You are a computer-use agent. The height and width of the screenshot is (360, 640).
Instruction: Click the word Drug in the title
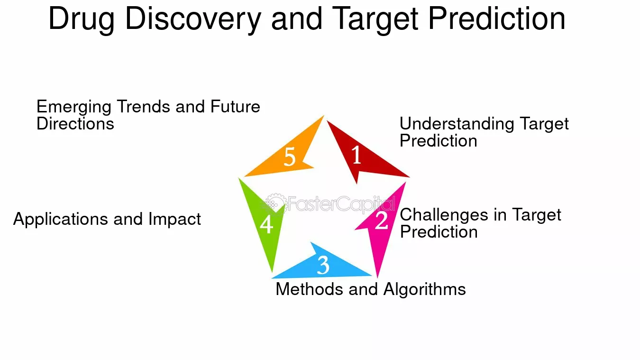[82, 19]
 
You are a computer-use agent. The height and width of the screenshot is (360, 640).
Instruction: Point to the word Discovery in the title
[193, 19]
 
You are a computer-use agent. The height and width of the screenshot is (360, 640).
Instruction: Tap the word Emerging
[73, 107]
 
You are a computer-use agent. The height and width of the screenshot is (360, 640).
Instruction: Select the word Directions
[75, 124]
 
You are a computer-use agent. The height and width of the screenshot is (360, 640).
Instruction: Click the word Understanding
[457, 124]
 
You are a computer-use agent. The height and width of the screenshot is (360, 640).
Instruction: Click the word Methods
[309, 289]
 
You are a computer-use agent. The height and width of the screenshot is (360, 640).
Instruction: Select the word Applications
[61, 220]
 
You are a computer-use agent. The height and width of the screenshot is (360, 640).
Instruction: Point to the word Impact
[174, 220]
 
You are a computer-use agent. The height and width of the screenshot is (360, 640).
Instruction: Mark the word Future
[235, 106]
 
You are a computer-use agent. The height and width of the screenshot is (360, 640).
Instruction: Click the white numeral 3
[323, 265]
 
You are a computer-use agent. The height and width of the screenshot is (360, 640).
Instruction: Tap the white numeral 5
[289, 157]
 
